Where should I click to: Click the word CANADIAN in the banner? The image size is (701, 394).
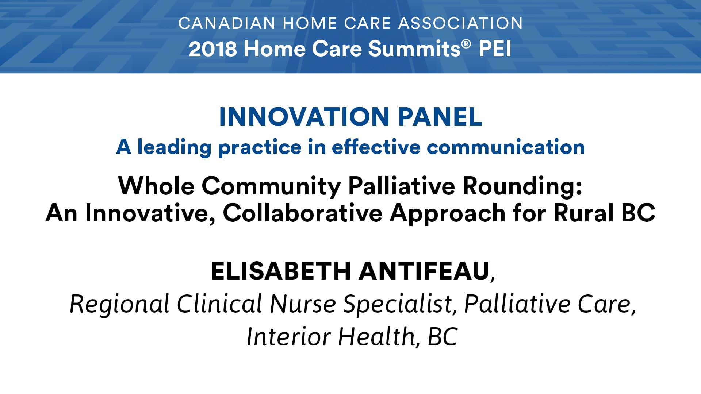coord(227,23)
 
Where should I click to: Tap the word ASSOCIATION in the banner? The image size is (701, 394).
coord(460,23)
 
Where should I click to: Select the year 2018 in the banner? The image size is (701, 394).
coord(213,49)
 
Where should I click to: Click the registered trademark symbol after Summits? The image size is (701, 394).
coord(466,44)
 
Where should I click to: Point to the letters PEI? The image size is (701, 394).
coord(495,49)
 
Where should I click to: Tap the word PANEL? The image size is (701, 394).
coord(440,117)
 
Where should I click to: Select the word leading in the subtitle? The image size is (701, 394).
coord(174,147)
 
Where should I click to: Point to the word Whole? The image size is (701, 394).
coord(156,186)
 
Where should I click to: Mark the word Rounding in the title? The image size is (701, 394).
coord(519,186)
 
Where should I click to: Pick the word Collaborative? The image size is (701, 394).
coord(303,213)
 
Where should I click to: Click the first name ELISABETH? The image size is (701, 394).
coord(281,271)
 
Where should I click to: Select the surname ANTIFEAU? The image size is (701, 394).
coord(424,271)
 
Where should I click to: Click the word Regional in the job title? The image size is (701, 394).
coord(119,304)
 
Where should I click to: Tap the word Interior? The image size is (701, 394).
coord(288,337)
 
